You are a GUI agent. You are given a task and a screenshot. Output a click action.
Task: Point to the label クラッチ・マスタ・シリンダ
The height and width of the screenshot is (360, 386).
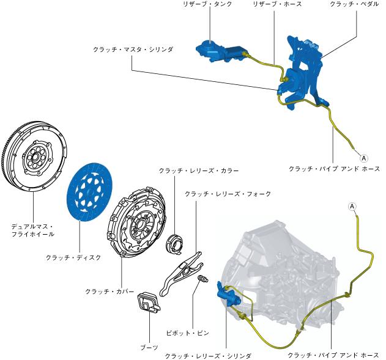point(134,49)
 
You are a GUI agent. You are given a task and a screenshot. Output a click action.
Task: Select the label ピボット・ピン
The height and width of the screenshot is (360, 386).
point(188,332)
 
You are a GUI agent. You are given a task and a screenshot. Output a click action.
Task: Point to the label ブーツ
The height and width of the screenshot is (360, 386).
point(149,347)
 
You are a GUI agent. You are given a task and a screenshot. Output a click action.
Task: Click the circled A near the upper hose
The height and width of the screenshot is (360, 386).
point(361,157)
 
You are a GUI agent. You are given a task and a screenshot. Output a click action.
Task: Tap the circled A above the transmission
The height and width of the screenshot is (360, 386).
point(352,207)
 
